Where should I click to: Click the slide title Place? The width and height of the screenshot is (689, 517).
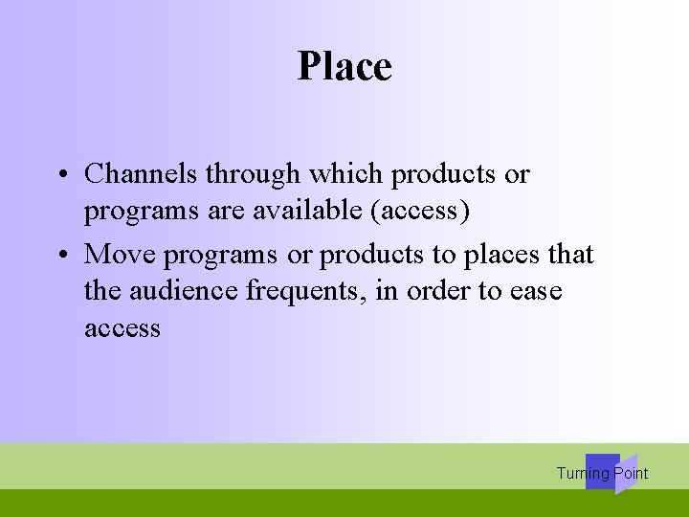point(344,66)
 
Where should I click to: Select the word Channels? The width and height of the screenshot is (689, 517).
point(141,174)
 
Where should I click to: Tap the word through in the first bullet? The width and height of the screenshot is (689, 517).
point(252,174)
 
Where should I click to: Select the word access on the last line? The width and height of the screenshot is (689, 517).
point(122,328)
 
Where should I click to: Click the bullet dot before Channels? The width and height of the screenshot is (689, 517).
point(60,175)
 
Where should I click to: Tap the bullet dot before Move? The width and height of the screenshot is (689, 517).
point(60,256)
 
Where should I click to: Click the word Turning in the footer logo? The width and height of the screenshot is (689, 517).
point(583,473)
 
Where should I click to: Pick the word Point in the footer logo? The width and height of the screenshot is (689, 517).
point(631,473)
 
